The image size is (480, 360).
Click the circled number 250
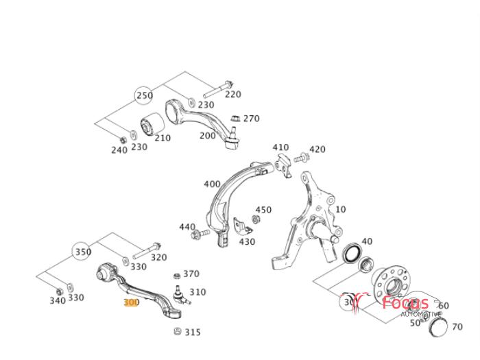point(144,96)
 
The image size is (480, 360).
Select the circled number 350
point(82,252)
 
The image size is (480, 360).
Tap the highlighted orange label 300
point(131,302)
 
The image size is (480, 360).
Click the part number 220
point(233,95)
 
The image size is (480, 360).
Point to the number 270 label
point(251,119)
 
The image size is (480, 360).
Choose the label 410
point(280,147)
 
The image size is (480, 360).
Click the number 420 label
point(317,149)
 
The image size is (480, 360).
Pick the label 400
point(213,184)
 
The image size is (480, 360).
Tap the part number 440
point(187,227)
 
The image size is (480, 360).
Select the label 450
point(263,210)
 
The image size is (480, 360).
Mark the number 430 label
point(247,241)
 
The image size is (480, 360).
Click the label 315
point(193,333)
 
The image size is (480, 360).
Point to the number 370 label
point(191,274)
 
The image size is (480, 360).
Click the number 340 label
point(58,300)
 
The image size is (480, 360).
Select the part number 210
point(162,138)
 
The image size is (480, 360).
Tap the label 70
point(458,326)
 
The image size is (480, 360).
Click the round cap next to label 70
point(437,326)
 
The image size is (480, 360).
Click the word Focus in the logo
point(405,303)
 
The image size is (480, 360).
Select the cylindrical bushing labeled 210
point(151,126)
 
